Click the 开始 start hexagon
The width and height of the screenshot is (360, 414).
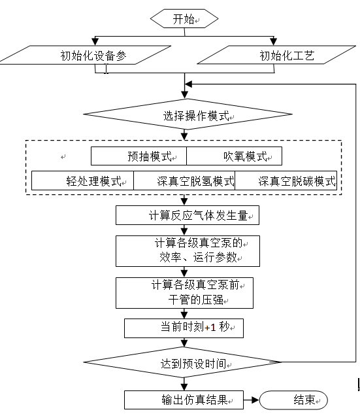(x=184, y=18)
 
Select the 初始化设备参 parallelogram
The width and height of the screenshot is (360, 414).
(x=86, y=55)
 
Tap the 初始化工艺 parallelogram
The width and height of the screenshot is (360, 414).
(x=276, y=55)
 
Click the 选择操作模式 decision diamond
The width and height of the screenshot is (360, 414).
(x=188, y=114)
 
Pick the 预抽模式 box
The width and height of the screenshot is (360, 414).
(x=139, y=156)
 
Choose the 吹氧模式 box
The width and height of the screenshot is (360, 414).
(x=234, y=156)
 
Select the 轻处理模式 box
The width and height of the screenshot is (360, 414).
(x=82, y=181)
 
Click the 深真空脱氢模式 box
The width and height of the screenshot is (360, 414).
(x=184, y=181)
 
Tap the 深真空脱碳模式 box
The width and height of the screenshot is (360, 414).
(x=286, y=181)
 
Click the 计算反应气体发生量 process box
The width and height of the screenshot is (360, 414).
(x=188, y=215)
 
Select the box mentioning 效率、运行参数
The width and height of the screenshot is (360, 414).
(x=188, y=251)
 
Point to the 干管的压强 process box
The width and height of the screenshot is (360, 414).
(x=185, y=293)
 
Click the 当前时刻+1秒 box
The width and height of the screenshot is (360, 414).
(x=184, y=328)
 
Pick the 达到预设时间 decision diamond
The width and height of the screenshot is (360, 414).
(x=182, y=362)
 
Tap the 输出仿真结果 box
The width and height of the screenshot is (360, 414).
(x=184, y=400)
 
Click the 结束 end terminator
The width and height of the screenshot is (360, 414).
(x=293, y=400)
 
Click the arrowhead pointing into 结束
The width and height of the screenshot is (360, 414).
(x=255, y=400)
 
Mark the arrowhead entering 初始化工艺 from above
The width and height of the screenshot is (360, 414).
(x=274, y=41)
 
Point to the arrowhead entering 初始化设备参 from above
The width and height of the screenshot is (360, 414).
(x=95, y=41)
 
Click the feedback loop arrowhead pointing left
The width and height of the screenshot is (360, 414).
(x=189, y=84)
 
